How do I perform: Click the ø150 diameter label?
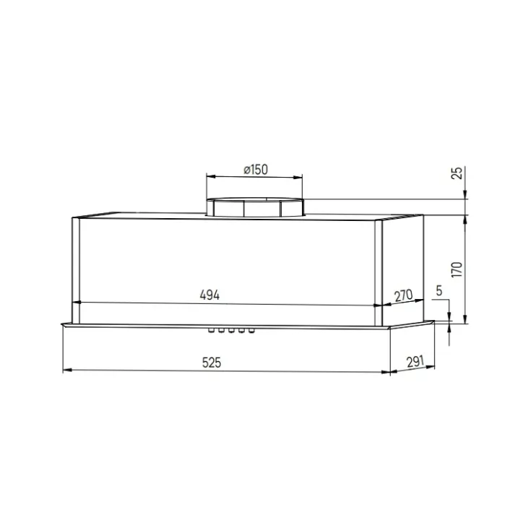tap(256, 170)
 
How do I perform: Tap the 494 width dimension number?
tap(209, 295)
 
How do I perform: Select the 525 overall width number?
tap(212, 363)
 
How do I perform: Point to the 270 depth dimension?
tap(403, 295)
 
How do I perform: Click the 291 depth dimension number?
tap(415, 362)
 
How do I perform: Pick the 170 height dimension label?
tap(457, 269)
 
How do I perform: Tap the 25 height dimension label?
tap(457, 173)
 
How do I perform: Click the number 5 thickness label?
tap(439, 291)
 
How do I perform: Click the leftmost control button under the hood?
tap(211, 330)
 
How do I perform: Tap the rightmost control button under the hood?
tap(251, 330)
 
